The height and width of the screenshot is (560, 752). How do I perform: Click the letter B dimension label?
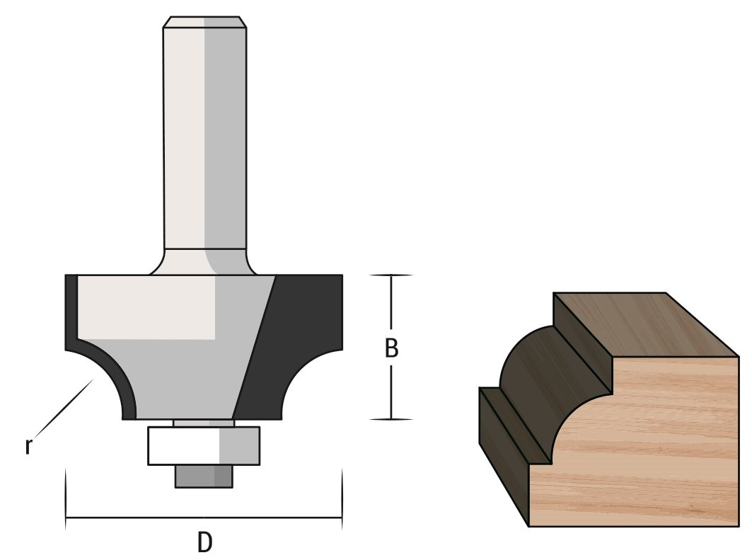[x=391, y=348]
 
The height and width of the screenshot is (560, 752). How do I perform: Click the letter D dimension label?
[x=204, y=542]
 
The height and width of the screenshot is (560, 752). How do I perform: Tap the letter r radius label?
[x=28, y=447]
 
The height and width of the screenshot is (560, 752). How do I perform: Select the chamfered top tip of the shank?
[x=204, y=22]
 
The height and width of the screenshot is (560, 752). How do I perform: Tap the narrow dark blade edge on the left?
[x=71, y=312]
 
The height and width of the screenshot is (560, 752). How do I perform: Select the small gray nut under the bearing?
[x=204, y=476]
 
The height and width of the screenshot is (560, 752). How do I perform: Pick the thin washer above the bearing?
[x=204, y=423]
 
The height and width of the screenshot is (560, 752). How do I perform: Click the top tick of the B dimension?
[x=391, y=275]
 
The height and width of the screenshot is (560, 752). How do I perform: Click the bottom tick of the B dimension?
[x=391, y=419]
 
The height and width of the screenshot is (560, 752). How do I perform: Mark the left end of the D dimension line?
[x=66, y=518]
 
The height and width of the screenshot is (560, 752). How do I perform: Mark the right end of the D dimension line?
[x=342, y=518]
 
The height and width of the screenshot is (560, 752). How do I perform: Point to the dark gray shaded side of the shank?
[x=226, y=142]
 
